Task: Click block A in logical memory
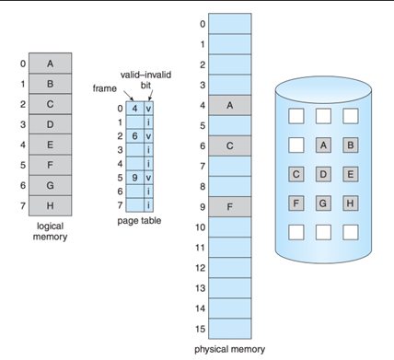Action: click(x=50, y=64)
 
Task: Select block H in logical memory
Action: click(x=50, y=205)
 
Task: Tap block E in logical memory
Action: click(x=50, y=145)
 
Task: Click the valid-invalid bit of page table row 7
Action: click(x=149, y=203)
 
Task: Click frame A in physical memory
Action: click(x=230, y=105)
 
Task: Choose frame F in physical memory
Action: click(x=230, y=207)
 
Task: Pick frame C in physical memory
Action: click(x=230, y=145)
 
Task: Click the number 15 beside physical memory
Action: click(x=201, y=329)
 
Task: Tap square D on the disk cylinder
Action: click(x=323, y=174)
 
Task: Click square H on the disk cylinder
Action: click(x=350, y=203)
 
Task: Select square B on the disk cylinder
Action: click(x=350, y=145)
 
